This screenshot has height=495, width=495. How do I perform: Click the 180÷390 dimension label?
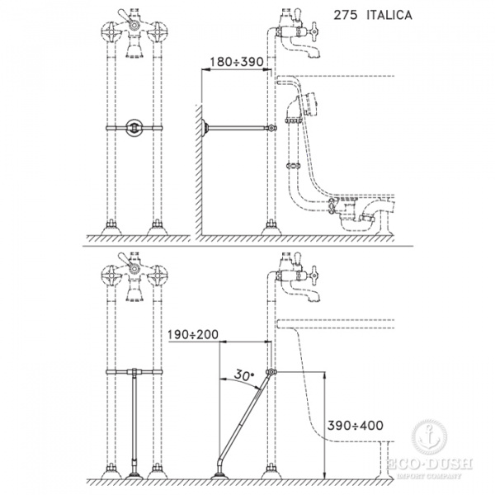click(237, 62)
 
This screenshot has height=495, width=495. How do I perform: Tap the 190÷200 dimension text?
click(193, 334)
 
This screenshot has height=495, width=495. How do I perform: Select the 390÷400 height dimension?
click(355, 425)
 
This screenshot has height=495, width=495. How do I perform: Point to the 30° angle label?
click(243, 375)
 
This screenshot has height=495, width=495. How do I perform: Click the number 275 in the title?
click(346, 15)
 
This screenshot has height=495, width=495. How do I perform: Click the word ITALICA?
click(389, 15)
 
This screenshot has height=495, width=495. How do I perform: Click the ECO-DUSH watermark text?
click(430, 464)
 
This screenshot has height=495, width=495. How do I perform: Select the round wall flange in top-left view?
click(134, 128)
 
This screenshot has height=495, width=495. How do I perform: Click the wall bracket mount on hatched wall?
click(205, 128)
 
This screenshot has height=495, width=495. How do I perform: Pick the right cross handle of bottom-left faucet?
click(158, 276)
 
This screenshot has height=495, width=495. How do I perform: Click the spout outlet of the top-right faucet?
click(314, 54)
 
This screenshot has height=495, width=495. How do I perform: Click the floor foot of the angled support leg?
click(219, 475)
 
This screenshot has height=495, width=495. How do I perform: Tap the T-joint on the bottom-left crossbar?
click(134, 372)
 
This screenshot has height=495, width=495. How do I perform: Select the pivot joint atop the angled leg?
click(271, 372)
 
